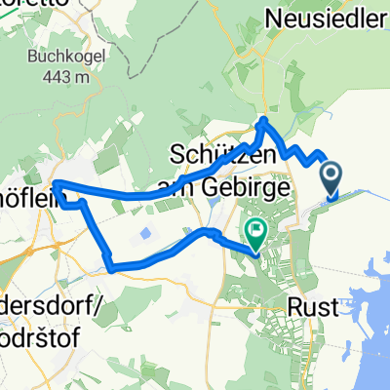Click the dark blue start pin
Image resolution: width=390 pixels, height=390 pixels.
331,177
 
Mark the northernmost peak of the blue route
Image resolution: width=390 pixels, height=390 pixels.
263,120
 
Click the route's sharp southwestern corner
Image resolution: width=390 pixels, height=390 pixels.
109,267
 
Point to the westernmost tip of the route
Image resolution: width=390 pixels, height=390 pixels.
56,183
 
